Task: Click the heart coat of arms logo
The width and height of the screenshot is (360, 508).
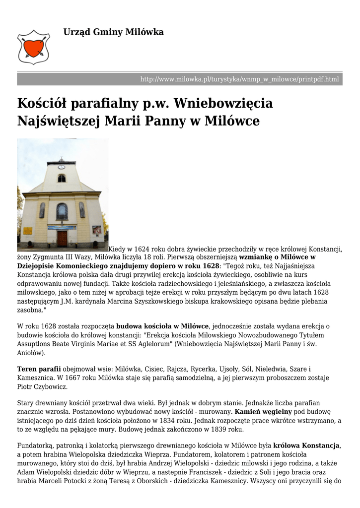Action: point(34,46)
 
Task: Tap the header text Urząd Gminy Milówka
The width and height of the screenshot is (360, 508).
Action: point(113,32)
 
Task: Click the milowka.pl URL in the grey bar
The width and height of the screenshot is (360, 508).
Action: point(239,79)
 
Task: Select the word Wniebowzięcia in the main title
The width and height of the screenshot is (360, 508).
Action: point(223,104)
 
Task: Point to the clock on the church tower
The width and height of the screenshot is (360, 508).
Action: point(62,167)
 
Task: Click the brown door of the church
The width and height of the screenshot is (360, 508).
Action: point(62,238)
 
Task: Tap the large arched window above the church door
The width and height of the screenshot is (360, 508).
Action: point(62,211)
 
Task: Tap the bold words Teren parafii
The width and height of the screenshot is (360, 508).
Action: point(39,369)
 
